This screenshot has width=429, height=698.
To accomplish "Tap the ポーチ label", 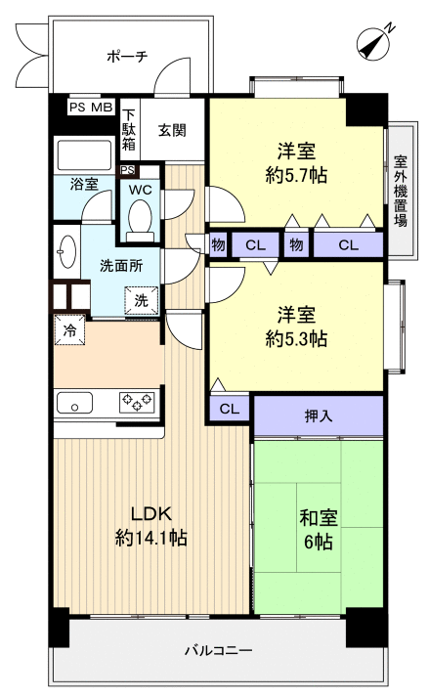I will tap(127, 57).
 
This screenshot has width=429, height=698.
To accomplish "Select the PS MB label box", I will tap(91, 108).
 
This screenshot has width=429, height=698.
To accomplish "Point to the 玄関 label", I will tap(172, 129).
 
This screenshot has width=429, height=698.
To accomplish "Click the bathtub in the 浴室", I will tap(85, 155).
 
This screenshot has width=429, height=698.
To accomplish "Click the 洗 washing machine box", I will tap(141, 300).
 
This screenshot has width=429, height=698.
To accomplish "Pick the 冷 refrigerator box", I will tap(70, 330).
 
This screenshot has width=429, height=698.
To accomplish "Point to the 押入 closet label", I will tap(319, 415).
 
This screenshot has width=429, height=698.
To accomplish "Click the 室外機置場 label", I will tap(400, 191).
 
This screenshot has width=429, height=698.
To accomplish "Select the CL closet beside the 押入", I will tap(229, 409).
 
